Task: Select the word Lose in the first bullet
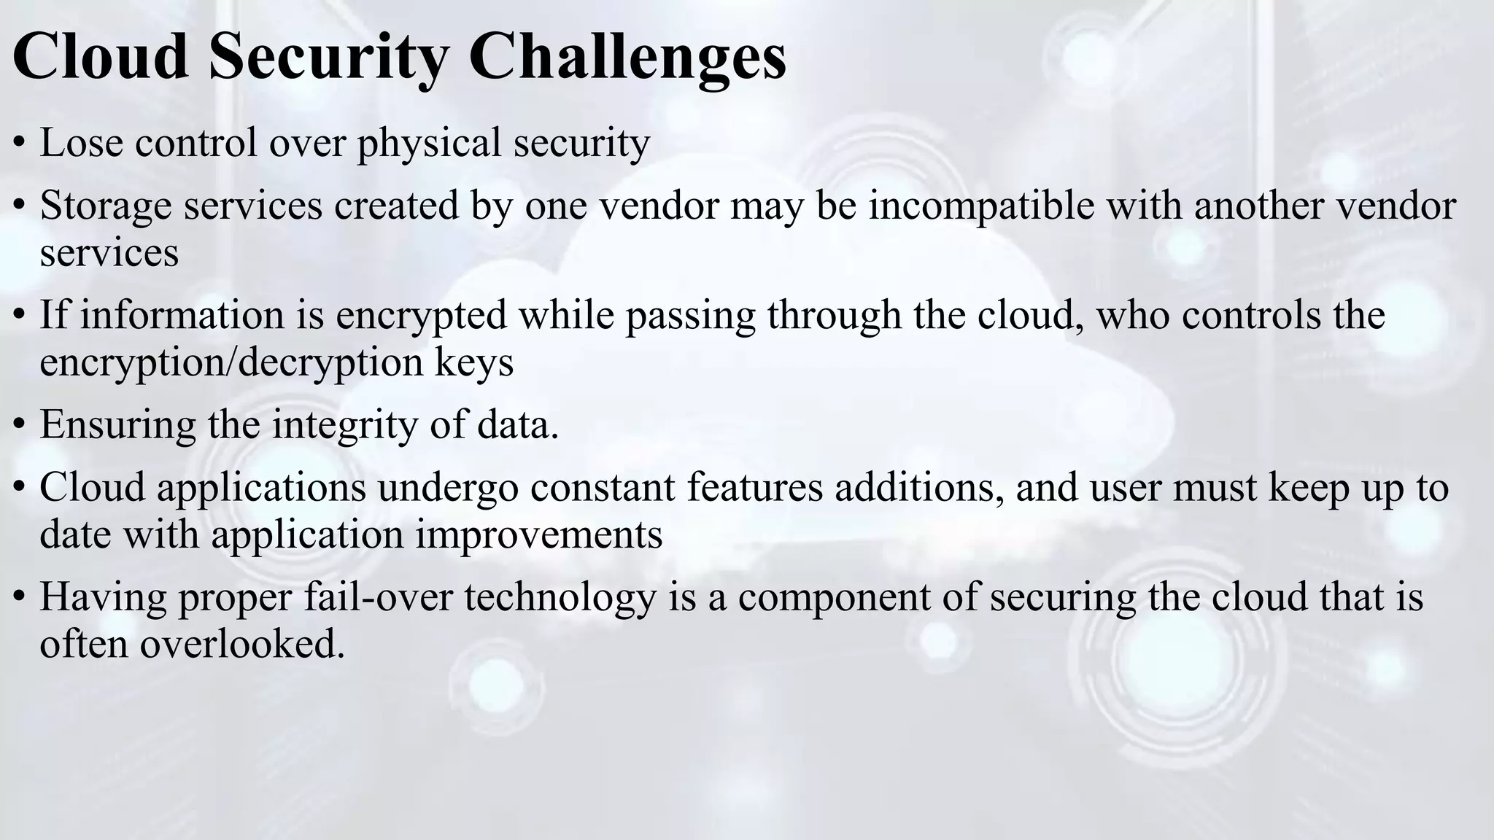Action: point(80,142)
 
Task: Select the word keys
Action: point(474,362)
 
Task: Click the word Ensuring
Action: point(117,425)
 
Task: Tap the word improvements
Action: point(539,534)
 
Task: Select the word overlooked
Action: point(241,644)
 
